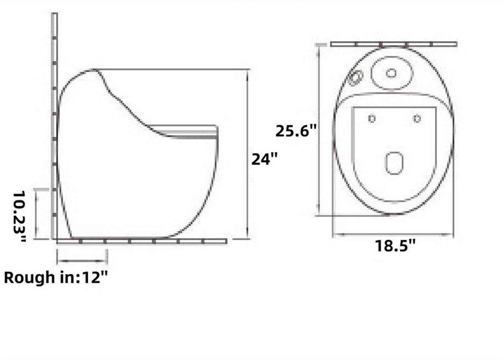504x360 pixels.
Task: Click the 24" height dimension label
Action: (265, 159)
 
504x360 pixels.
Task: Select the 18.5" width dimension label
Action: (395, 246)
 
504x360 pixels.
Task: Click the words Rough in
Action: (40, 278)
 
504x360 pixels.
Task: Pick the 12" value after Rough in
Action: (95, 278)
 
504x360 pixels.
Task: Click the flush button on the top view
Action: (356, 77)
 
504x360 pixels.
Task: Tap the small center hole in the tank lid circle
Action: (391, 73)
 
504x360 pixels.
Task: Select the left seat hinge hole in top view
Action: (372, 118)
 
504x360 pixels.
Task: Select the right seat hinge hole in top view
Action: (417, 118)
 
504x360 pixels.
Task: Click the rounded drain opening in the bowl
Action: (394, 163)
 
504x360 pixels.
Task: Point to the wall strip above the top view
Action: (393, 44)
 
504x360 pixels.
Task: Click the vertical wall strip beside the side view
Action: (54, 126)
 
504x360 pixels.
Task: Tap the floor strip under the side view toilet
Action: (141, 241)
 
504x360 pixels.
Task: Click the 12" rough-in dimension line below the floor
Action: (82, 260)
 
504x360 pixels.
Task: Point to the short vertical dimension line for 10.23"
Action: (36, 213)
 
